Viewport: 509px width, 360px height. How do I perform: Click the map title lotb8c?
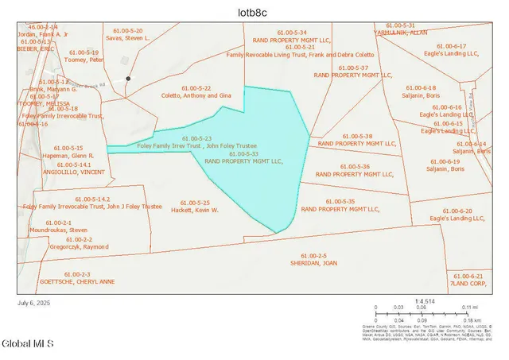coord(254,12)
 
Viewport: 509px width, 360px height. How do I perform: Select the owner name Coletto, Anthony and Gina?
coord(195,95)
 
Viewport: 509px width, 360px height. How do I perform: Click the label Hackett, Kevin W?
coord(195,210)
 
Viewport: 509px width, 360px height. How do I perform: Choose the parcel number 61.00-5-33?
coord(244,153)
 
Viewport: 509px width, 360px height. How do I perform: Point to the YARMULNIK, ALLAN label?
coord(401,33)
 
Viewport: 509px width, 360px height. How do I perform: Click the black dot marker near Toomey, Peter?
coord(127,79)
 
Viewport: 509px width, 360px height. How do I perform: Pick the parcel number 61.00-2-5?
coord(311,255)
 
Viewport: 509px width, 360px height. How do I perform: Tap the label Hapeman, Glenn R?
coord(74,156)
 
